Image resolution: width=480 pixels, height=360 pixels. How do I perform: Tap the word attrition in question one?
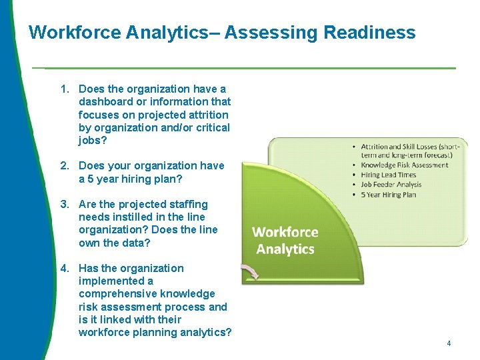coord(205,115)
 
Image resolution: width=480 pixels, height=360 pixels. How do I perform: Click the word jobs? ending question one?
coord(93,140)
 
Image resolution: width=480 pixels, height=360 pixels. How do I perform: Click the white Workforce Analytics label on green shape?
coord(285,241)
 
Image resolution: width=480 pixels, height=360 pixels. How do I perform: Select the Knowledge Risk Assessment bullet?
coord(405,165)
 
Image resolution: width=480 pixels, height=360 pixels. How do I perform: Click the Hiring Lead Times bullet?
coord(388,175)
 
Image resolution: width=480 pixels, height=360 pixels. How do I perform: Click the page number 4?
coord(449,343)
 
